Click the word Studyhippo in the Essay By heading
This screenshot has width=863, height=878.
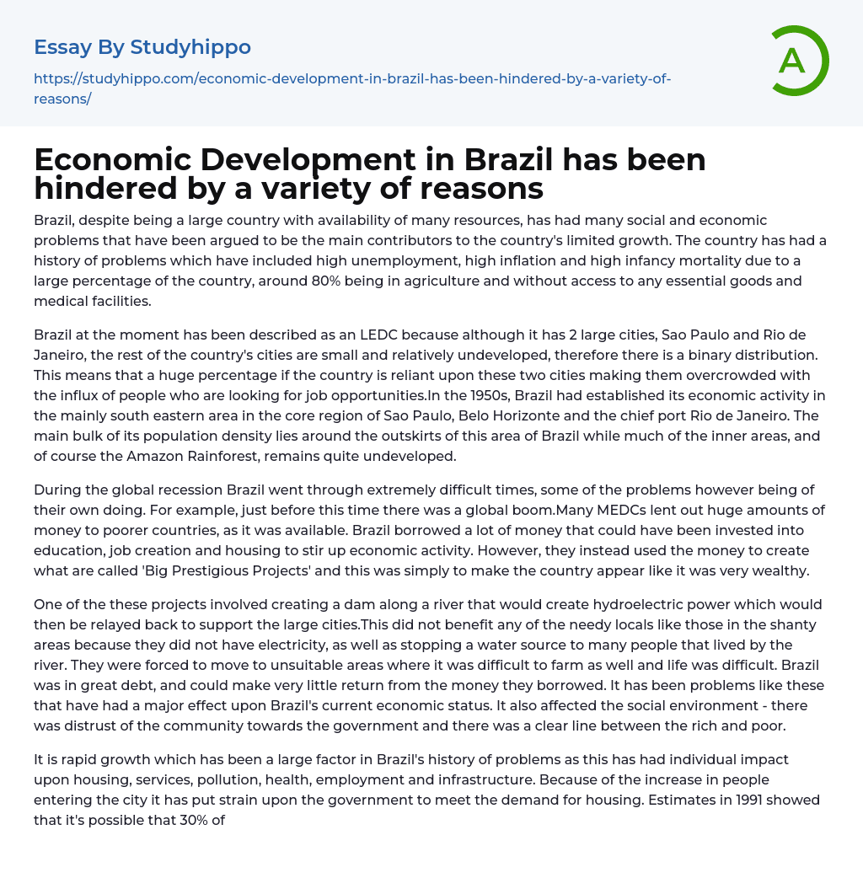190,47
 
